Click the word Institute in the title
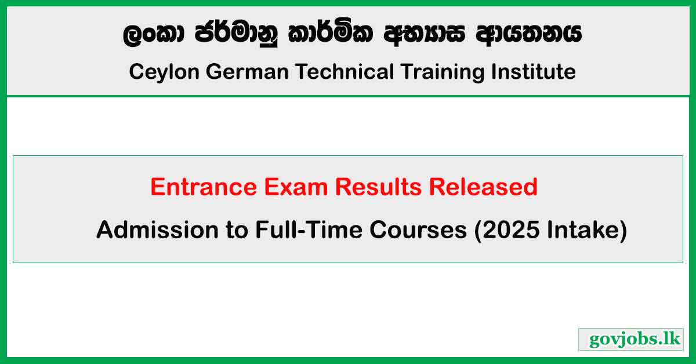pos(533,72)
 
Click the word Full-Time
pos(303,230)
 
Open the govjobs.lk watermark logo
pos(630,339)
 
